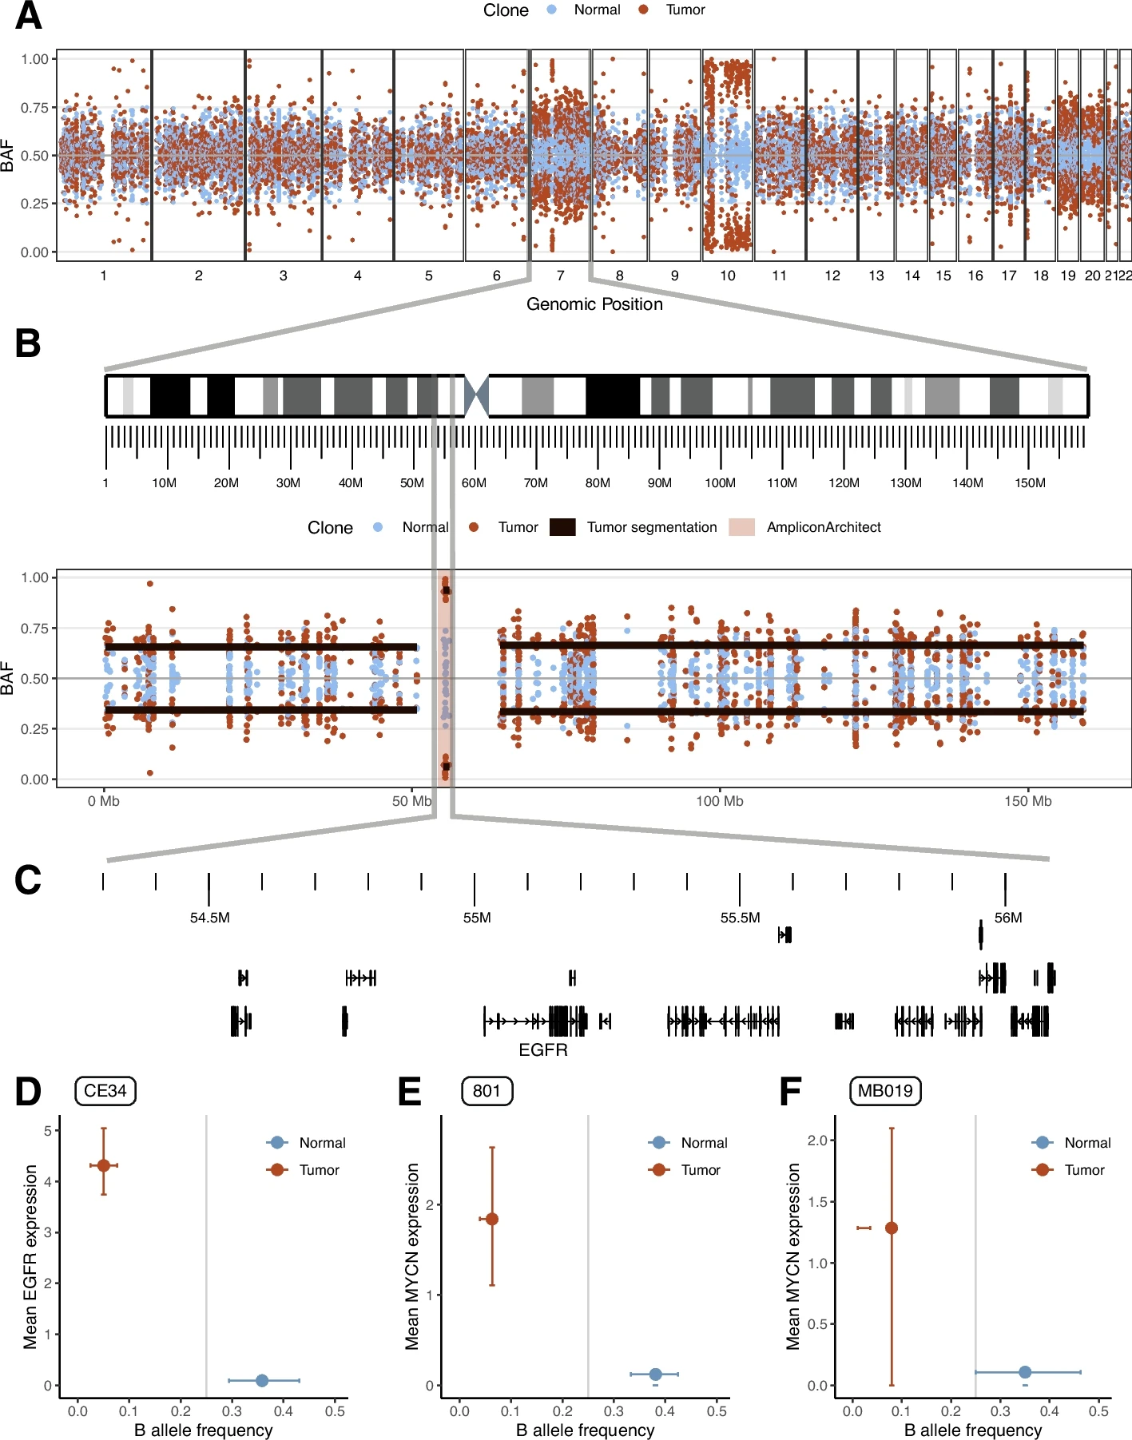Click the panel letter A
pos(29,16)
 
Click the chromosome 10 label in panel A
pos(727,276)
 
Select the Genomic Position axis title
pos(594,304)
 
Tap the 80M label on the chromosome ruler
pos(598,483)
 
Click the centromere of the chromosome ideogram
pos(476,395)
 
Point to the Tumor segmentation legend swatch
pos(562,527)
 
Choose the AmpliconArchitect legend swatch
pos(741,527)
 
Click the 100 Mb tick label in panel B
pos(719,801)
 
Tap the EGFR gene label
pos(543,1049)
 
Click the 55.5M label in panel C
pos(740,918)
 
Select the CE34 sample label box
pos(105,1091)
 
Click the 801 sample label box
pos(487,1091)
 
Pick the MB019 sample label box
pos(885,1091)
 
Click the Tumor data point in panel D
pos(104,1165)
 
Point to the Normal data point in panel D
pos(262,1380)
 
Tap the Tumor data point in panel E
pos(492,1219)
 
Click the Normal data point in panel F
pos(1025,1372)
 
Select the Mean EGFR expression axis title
pos(30,1256)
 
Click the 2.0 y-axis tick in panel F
pos(817,1140)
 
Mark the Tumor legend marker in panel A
pos(644,10)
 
